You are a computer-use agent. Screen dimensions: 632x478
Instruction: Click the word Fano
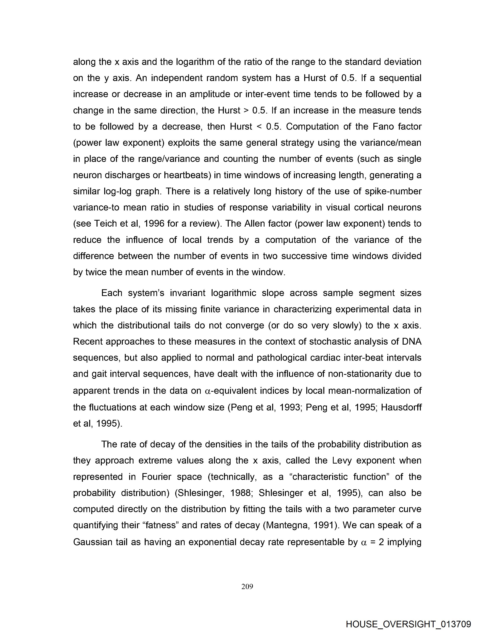pyautogui.click(x=383, y=127)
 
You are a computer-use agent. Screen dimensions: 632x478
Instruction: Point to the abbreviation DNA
pyautogui.click(x=411, y=342)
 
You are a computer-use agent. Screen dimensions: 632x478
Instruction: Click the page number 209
pyautogui.click(x=247, y=587)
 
